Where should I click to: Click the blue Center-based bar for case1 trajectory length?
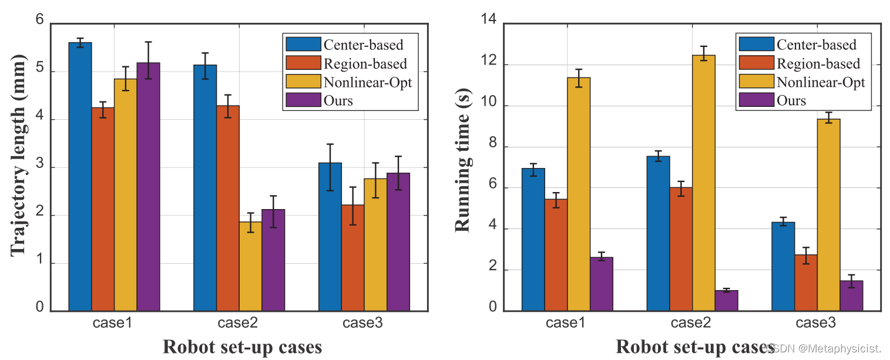coord(80,176)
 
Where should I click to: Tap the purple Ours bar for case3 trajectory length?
coord(398,241)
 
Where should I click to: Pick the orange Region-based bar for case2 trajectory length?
coord(227,208)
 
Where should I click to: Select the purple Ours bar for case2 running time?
coord(726,301)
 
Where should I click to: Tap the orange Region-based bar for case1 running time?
coord(556,255)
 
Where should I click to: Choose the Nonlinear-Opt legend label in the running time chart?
coord(821,82)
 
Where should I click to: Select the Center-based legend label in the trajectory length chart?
coord(363,44)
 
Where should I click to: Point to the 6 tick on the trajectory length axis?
coord(40,20)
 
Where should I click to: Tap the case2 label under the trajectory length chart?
coord(238,323)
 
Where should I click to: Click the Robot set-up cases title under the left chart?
coord(242,347)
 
